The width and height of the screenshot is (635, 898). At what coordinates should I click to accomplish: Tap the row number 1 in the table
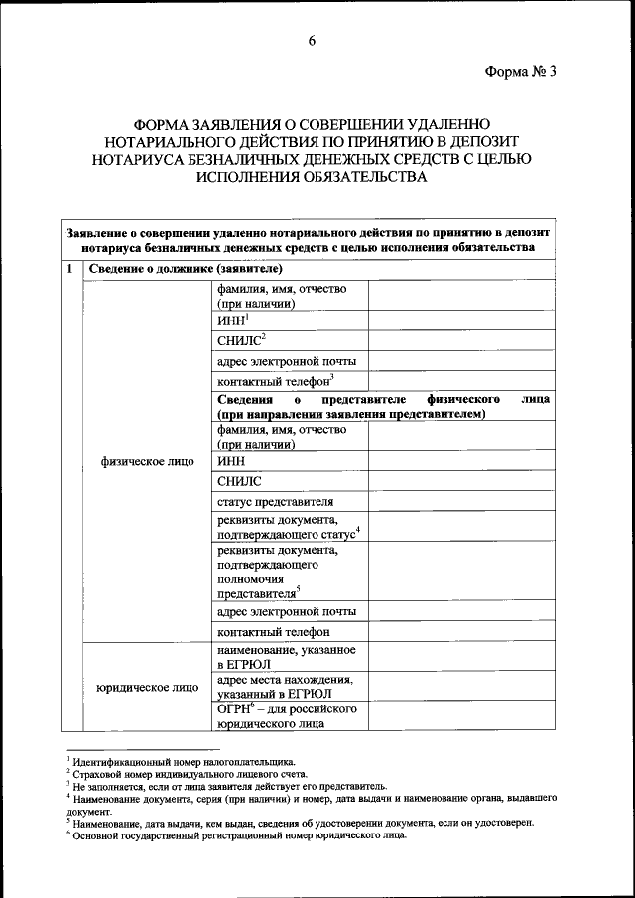(x=68, y=269)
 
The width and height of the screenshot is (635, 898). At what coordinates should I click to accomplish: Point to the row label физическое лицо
(x=148, y=461)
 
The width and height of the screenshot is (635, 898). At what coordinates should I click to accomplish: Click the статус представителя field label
(x=275, y=501)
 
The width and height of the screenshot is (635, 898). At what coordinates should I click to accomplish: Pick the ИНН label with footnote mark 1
(x=231, y=321)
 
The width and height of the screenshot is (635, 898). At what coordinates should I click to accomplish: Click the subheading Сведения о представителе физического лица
(x=382, y=405)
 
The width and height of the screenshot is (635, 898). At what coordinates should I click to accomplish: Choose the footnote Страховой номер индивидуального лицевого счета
(x=188, y=774)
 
